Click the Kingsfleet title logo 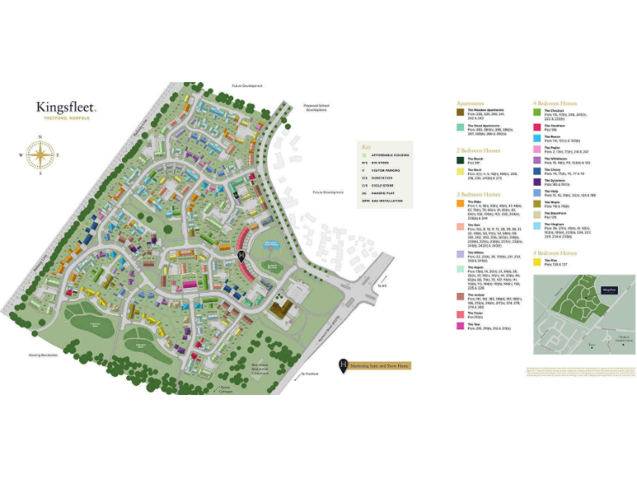[66, 107]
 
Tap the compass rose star [38, 155]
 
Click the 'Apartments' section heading [472, 105]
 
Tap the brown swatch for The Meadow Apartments [460, 112]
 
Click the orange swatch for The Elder [460, 202]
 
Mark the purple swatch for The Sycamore [537, 180]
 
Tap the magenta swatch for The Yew [460, 325]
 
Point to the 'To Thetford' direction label [310, 374]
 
